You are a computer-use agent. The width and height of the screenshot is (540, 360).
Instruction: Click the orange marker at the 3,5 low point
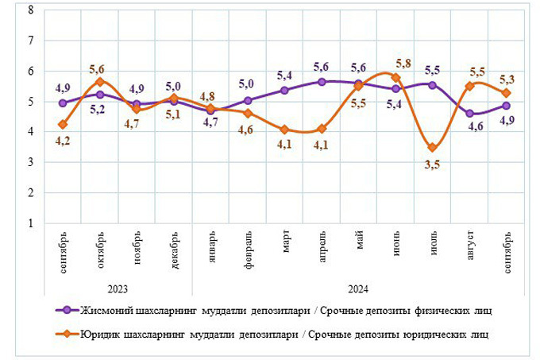pyautogui.click(x=431, y=147)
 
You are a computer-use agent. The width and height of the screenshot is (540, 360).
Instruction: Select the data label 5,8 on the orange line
pyautogui.click(x=403, y=63)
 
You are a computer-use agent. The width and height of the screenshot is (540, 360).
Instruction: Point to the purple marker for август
pyautogui.click(x=469, y=114)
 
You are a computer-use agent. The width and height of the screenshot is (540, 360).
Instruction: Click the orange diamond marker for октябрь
pyautogui.click(x=100, y=81)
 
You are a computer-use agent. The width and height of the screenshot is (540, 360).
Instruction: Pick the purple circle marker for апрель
pyautogui.click(x=322, y=81)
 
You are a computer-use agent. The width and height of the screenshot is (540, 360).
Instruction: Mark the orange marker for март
pyautogui.click(x=284, y=129)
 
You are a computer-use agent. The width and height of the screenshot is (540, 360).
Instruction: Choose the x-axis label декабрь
pyautogui.click(x=175, y=252)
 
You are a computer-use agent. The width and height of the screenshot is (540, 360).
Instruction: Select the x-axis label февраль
pyautogui.click(x=249, y=254)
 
